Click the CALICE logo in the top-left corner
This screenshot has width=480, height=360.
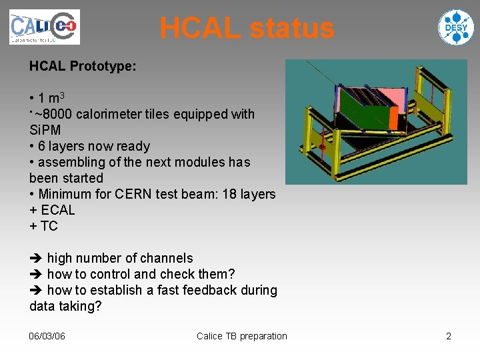[44, 27]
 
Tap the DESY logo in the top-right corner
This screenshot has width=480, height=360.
[455, 27]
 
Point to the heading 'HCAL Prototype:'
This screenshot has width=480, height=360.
[83, 66]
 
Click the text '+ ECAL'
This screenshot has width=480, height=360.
[52, 210]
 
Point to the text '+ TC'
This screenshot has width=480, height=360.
[43, 226]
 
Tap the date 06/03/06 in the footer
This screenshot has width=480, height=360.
[47, 336]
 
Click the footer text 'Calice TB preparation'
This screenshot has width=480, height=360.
[241, 336]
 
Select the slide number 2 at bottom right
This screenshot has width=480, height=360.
[449, 336]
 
